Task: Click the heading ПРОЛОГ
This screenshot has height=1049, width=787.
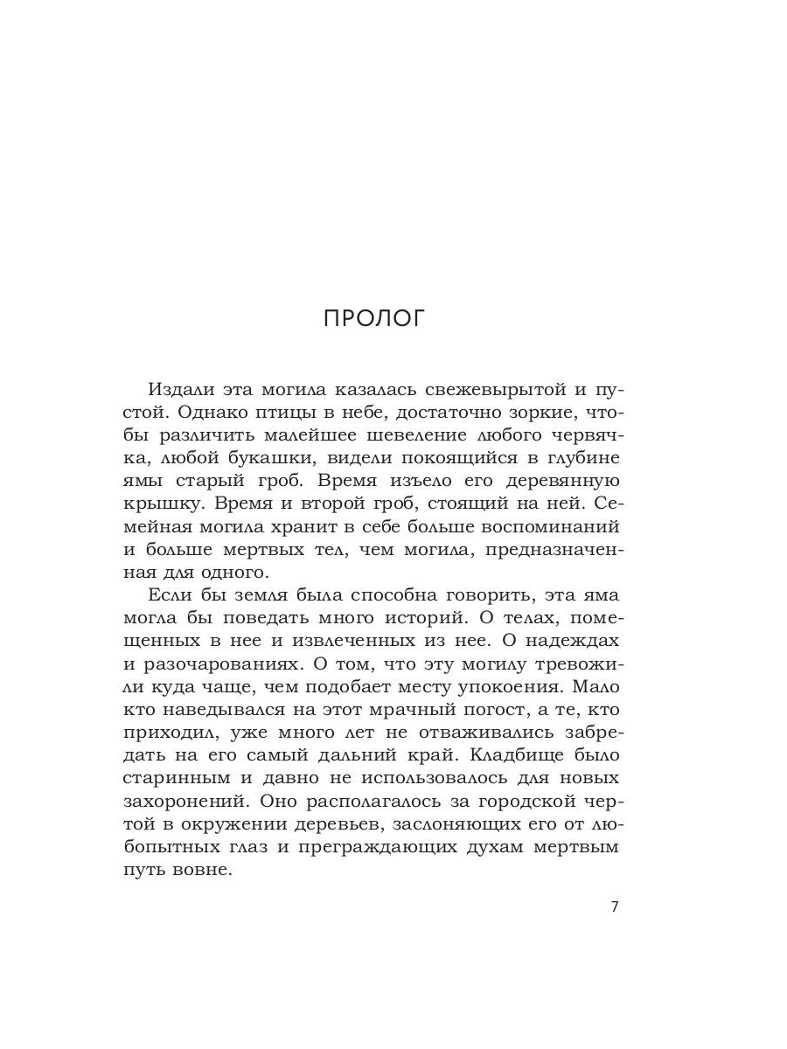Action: [x=373, y=318]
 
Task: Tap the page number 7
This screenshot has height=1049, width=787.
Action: [x=614, y=907]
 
